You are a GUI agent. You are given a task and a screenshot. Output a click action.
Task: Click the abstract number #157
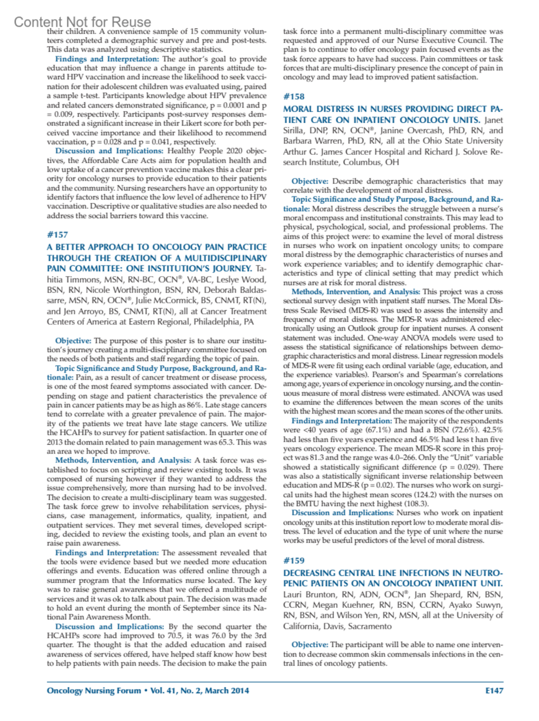pyautogui.click(x=57, y=235)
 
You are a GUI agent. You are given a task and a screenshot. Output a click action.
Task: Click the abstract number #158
pyautogui.click(x=294, y=97)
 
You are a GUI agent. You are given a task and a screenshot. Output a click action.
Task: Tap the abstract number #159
pyautogui.click(x=294, y=561)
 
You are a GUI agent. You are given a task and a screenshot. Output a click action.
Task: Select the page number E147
pyautogui.click(x=494, y=691)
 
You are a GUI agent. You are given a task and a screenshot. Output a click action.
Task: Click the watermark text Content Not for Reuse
pyautogui.click(x=83, y=22)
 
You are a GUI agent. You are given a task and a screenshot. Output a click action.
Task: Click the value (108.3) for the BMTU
pyautogui.click(x=416, y=504)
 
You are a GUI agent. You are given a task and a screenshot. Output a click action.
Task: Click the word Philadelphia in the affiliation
pyautogui.click(x=217, y=322)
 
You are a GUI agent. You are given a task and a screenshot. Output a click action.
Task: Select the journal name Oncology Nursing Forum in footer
pyautogui.click(x=94, y=691)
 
